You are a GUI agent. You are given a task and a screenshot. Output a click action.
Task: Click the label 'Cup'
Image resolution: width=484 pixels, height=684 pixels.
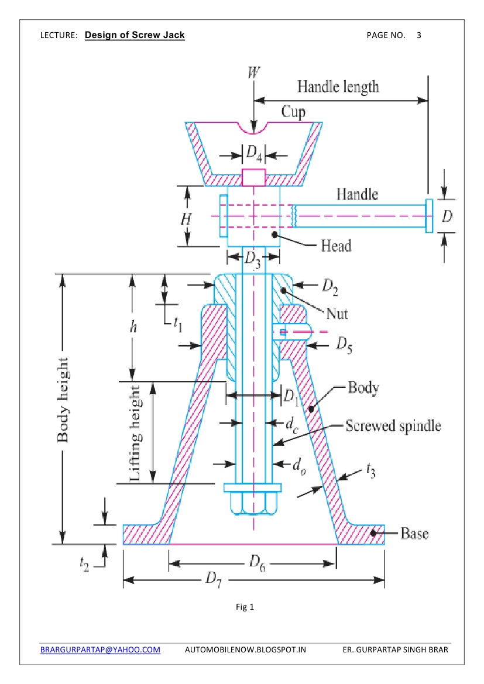pyautogui.click(x=293, y=112)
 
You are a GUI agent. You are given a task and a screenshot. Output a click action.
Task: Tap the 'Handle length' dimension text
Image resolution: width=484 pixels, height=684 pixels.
pyautogui.click(x=338, y=87)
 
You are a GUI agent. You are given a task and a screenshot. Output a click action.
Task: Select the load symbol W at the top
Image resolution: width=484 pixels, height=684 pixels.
pyautogui.click(x=253, y=72)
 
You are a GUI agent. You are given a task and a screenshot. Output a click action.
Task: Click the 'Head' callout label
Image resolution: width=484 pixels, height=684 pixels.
pyautogui.click(x=336, y=246)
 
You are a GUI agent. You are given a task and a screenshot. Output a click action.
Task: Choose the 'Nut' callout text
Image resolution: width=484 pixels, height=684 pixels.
pyautogui.click(x=337, y=313)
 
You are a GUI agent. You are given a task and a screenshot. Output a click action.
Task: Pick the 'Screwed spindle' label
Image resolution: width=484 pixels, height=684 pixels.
pyautogui.click(x=393, y=426)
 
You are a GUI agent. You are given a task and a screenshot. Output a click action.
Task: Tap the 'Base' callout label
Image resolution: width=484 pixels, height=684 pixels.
pyautogui.click(x=414, y=533)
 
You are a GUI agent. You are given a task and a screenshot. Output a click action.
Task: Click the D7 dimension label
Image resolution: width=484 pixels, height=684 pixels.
pyautogui.click(x=214, y=580)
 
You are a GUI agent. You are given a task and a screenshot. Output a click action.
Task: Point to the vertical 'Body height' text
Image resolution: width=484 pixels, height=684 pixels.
pyautogui.click(x=63, y=400)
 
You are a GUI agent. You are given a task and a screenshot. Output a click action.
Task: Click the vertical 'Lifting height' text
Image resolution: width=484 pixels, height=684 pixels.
pyautogui.click(x=135, y=433)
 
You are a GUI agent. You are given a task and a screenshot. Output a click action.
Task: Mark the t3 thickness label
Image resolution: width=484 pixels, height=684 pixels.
pyautogui.click(x=370, y=470)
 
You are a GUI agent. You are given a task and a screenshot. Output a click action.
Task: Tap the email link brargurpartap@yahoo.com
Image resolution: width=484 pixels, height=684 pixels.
pyautogui.click(x=100, y=649)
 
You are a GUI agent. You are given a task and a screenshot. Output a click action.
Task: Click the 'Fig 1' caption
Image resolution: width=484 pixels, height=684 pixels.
pyautogui.click(x=245, y=607)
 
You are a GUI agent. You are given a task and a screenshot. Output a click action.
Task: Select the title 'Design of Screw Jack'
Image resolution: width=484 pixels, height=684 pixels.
pyautogui.click(x=135, y=35)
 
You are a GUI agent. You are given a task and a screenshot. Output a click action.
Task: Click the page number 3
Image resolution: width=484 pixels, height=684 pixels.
pyautogui.click(x=419, y=35)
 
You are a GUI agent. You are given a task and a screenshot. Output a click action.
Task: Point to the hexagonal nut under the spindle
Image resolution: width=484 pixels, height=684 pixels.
pyautogui.click(x=253, y=503)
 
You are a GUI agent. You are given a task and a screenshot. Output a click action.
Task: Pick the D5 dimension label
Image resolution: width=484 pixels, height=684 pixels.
pyautogui.click(x=344, y=345)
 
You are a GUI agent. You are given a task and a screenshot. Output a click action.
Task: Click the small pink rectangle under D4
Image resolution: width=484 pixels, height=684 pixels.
pyautogui.click(x=253, y=177)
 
